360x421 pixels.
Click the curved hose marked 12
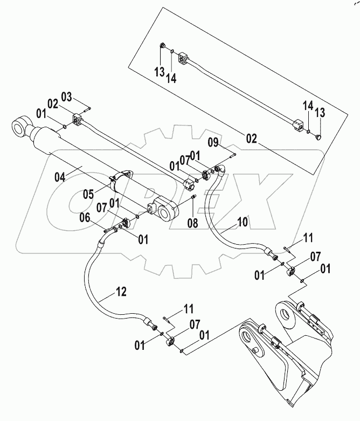point(92,280)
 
